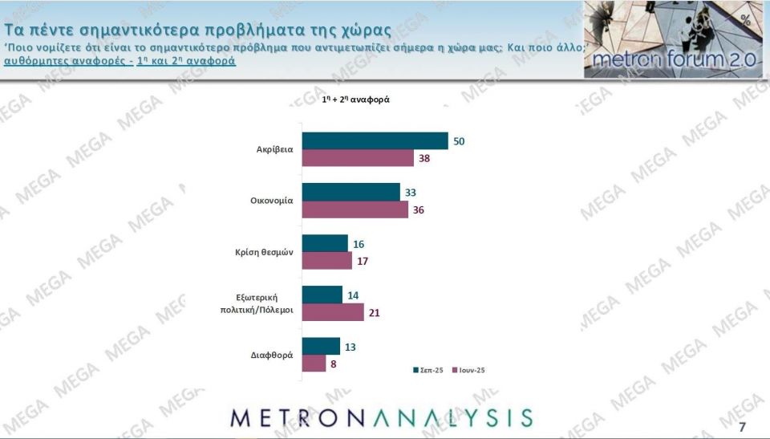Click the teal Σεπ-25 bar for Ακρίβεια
(374, 140)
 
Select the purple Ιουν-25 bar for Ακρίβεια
(357, 158)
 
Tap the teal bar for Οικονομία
(350, 193)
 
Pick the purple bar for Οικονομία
(354, 209)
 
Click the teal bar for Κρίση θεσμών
(324, 243)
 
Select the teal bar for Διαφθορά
(320, 347)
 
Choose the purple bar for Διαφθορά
(313, 364)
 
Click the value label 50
(459, 141)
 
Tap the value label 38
(426, 159)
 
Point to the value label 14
(353, 295)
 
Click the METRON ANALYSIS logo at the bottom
(381, 417)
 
